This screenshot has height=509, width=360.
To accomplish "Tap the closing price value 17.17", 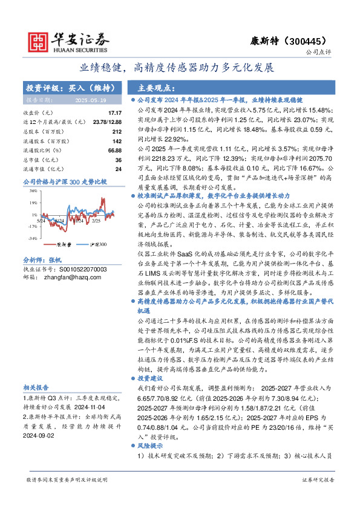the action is [114, 113].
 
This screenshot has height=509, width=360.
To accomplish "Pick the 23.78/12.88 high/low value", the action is [107, 122].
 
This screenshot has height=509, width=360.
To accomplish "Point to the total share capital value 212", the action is [117, 131].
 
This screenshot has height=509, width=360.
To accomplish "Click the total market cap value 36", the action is [119, 160].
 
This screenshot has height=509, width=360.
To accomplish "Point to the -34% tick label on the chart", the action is [33, 239].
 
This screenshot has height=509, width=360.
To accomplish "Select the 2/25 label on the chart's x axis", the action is [96, 221].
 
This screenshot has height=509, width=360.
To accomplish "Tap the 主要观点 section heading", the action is [157, 86].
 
